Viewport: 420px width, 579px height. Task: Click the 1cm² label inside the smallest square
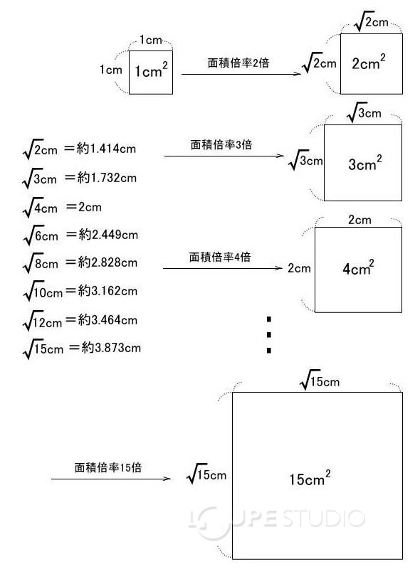click(x=152, y=71)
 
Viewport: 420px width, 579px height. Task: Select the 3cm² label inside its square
click(x=364, y=164)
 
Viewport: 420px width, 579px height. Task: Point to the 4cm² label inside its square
click(x=358, y=269)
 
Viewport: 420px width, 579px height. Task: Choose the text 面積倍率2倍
click(x=238, y=63)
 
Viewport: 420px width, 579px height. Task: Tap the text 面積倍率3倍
click(x=221, y=144)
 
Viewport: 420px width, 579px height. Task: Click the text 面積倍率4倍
click(x=219, y=257)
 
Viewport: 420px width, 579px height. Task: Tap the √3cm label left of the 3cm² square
click(x=305, y=161)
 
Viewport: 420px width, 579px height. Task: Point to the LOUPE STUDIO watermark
click(x=278, y=519)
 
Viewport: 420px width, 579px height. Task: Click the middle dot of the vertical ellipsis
click(x=269, y=334)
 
